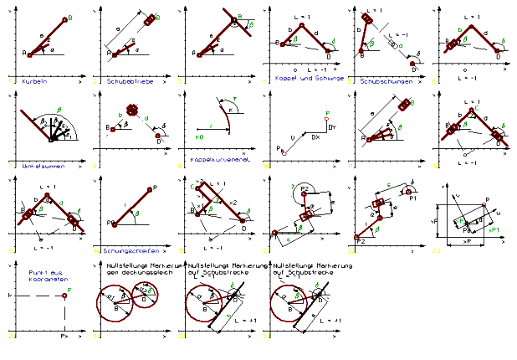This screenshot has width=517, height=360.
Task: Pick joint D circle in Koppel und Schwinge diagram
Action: (327, 56)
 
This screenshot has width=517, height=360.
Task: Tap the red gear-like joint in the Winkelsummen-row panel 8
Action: (131, 110)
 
